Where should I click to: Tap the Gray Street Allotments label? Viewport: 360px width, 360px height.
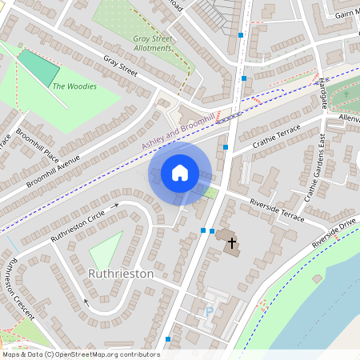pos(153,43)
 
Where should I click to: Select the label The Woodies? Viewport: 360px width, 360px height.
pos(74,86)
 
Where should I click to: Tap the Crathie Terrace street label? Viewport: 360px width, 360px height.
pos(276,137)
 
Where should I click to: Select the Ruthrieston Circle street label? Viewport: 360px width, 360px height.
pos(78,227)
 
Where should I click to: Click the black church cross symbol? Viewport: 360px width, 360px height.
pos(232,242)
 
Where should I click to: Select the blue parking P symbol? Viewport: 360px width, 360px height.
pos(210,311)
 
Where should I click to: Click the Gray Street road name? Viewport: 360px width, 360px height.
pos(120,66)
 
